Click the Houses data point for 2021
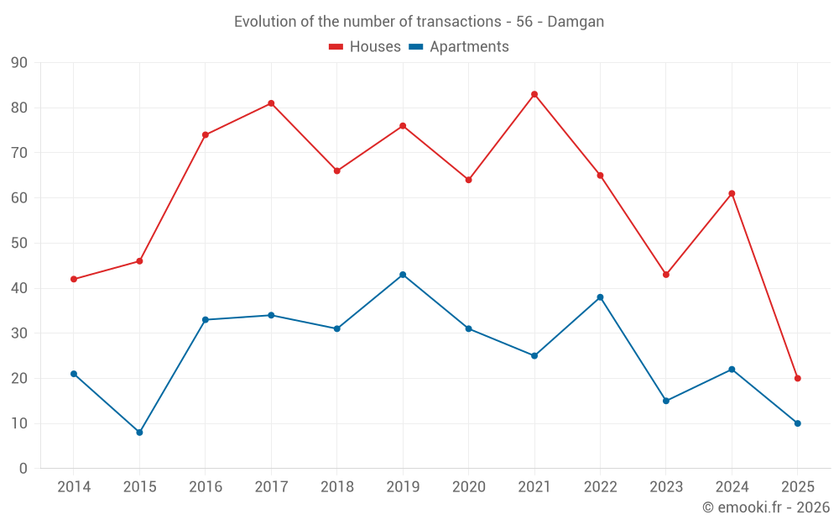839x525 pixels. click(x=534, y=94)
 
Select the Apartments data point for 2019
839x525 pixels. click(x=403, y=275)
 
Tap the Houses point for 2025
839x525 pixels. click(x=797, y=378)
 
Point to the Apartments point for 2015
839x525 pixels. click(x=139, y=433)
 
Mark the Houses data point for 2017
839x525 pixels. click(x=271, y=103)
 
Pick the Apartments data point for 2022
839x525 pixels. click(x=600, y=297)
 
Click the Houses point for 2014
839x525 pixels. click(x=74, y=279)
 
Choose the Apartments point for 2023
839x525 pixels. click(x=666, y=401)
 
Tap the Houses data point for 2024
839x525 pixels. click(x=732, y=193)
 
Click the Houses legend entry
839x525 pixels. click(x=365, y=47)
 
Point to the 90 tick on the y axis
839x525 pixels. click(x=19, y=63)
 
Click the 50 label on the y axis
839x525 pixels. click(x=19, y=244)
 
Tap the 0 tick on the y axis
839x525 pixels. click(x=23, y=469)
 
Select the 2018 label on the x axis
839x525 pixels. click(x=336, y=487)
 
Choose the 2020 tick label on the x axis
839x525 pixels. click(x=468, y=487)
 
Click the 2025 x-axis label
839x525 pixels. click(x=797, y=487)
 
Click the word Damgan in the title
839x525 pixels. click(x=576, y=22)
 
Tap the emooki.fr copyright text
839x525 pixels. click(x=766, y=507)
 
